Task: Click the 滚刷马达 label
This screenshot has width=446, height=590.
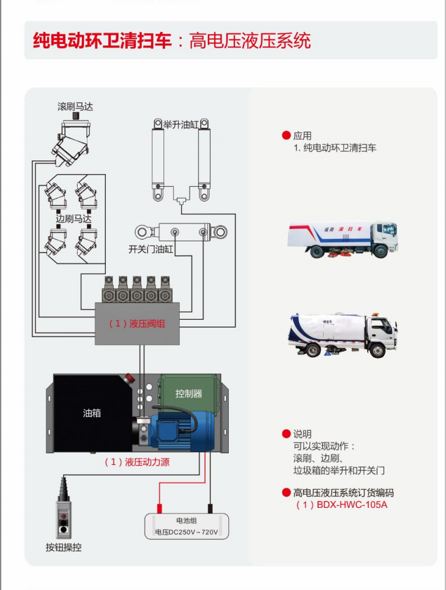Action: point(75,107)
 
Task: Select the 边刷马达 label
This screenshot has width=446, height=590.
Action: point(73,219)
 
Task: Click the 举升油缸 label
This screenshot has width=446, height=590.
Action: point(180,124)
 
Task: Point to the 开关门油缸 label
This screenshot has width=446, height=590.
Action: point(151,249)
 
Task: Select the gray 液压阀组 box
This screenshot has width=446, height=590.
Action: point(137,323)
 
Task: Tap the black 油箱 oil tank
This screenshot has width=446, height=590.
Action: point(92,413)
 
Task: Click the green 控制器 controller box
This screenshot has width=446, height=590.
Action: point(188,394)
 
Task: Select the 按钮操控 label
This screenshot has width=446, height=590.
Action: point(64,547)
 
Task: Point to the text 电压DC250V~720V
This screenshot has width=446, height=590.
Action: point(187,532)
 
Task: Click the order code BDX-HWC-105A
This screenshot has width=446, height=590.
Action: point(352,505)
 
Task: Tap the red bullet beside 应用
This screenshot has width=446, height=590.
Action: point(286,135)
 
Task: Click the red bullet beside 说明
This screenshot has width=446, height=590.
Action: point(286,434)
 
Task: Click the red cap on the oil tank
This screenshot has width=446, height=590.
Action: point(129,378)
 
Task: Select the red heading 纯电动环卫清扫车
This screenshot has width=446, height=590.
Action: point(102,40)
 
